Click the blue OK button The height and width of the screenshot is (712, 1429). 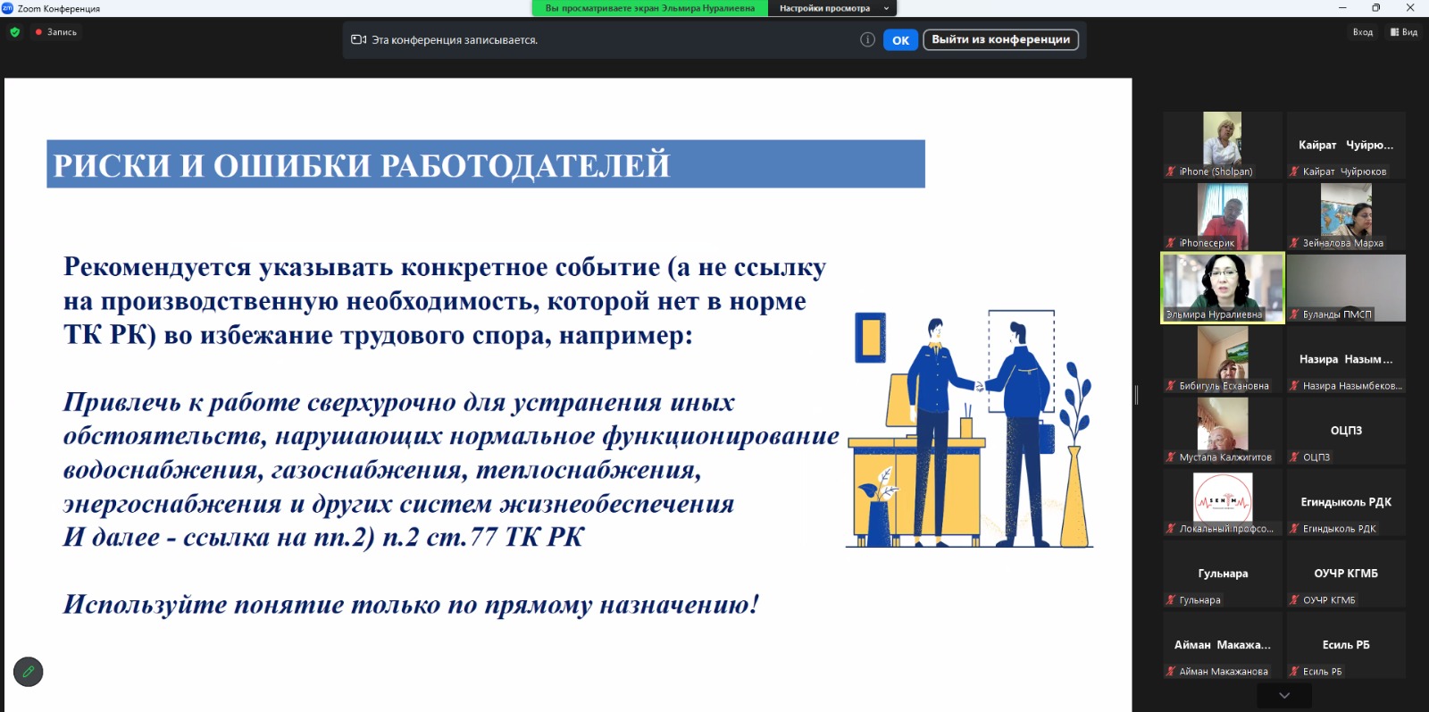click(900, 39)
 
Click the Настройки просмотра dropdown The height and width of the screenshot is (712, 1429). click(831, 8)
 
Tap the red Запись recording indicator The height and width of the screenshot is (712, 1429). click(56, 32)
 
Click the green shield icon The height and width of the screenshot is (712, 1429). click(14, 32)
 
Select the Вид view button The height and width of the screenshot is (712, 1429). click(1403, 32)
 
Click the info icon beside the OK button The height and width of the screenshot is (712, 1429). click(867, 39)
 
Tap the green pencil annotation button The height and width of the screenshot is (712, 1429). click(28, 671)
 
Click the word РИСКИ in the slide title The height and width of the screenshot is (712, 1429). click(112, 165)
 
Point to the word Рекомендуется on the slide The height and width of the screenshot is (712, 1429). click(157, 268)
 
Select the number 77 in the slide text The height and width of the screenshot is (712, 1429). click(483, 537)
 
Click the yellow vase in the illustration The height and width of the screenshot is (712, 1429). click(1074, 497)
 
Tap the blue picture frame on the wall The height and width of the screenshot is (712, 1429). click(870, 337)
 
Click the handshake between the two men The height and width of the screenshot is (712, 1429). click(979, 385)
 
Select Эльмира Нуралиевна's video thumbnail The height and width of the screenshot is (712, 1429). click(1223, 288)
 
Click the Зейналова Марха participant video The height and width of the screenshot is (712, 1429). click(1345, 216)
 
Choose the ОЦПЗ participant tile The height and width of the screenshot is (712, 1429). click(1345, 431)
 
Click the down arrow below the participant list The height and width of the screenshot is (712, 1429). click(1284, 695)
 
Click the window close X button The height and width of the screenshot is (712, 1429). click(1410, 8)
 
